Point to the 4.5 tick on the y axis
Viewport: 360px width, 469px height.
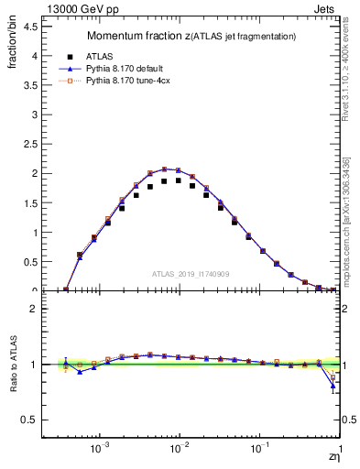point(31,26)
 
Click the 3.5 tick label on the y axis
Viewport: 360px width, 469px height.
point(31,85)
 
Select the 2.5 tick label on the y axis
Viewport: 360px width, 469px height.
point(31,144)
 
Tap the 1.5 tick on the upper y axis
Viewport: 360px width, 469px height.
point(31,203)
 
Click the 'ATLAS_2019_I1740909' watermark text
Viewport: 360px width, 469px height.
point(191,274)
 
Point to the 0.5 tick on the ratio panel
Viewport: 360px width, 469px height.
point(31,420)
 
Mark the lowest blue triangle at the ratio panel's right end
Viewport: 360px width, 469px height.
point(333,386)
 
